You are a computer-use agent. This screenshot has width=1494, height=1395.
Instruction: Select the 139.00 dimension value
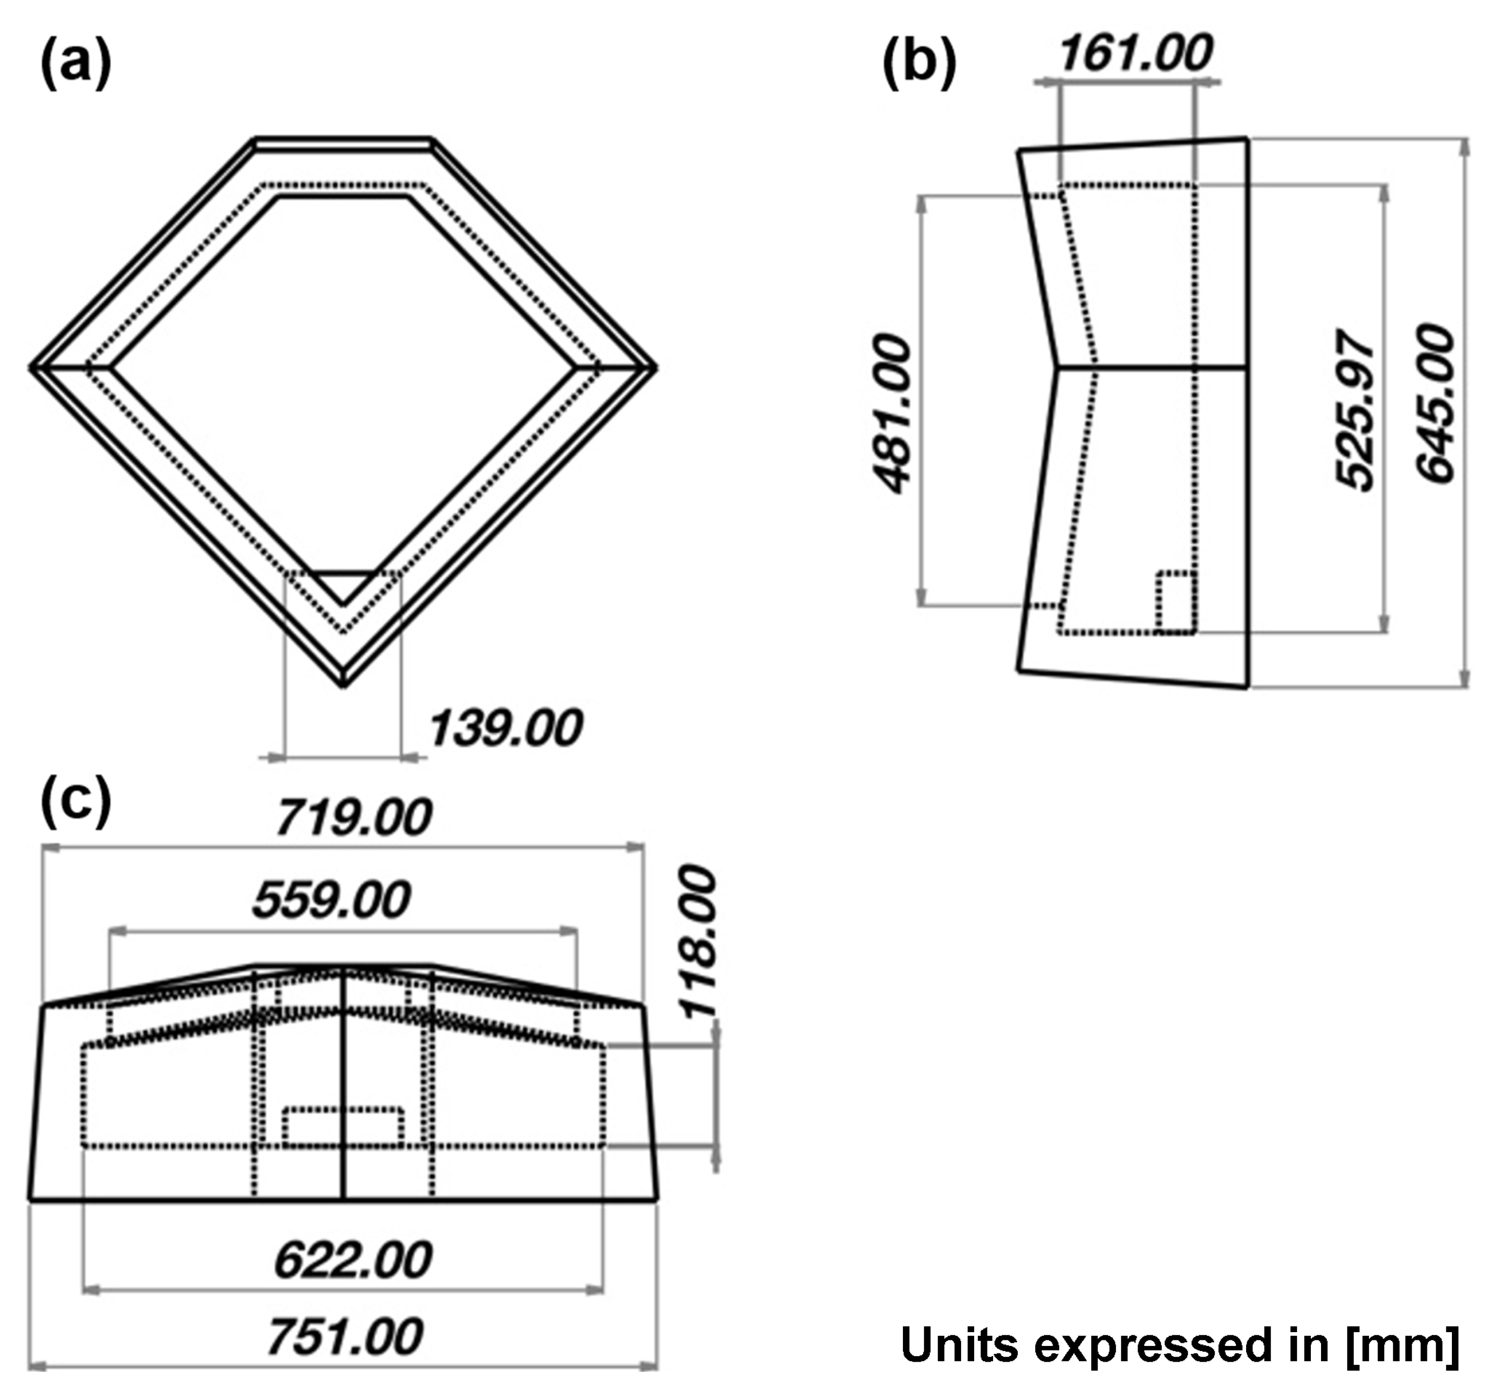[x=506, y=728]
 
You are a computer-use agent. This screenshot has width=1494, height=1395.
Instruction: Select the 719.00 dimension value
[x=354, y=817]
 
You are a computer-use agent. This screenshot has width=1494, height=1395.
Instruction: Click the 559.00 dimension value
[x=332, y=899]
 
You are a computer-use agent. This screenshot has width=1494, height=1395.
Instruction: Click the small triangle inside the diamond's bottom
[x=344, y=584]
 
